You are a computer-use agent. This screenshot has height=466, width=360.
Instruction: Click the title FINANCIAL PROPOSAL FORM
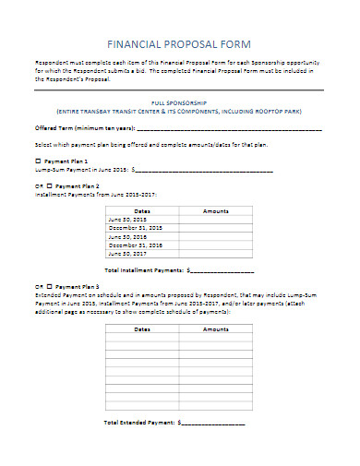[x=179, y=43]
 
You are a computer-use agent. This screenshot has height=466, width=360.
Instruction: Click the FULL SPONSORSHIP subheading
[x=180, y=103]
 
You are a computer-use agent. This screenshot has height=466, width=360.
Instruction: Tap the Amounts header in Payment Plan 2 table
[x=215, y=211]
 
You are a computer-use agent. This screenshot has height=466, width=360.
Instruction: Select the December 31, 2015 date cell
[x=135, y=228]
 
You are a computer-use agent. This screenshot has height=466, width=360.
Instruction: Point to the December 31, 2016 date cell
[x=135, y=245]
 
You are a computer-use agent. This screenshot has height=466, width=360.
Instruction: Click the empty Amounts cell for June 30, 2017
[x=215, y=253]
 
